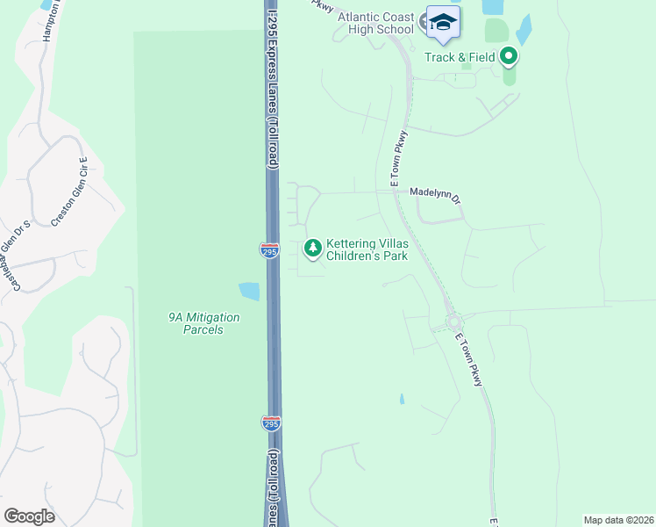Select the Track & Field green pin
click(x=509, y=58)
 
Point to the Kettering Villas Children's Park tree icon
click(x=312, y=249)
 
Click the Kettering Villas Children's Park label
click(x=367, y=249)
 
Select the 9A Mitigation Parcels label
click(x=196, y=323)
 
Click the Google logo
click(x=29, y=516)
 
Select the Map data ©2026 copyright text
click(x=617, y=519)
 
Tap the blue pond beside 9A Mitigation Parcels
click(x=249, y=291)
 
